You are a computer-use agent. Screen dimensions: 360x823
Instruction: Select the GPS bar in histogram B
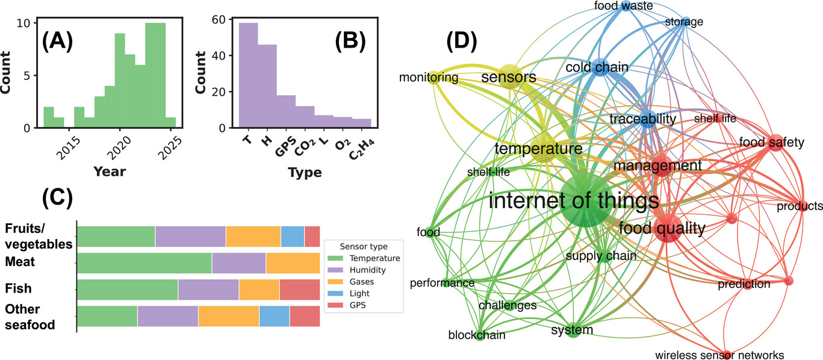(x=286, y=111)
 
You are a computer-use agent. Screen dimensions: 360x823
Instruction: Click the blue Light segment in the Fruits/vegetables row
(x=293, y=236)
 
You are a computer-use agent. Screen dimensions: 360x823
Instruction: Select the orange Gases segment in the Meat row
(x=293, y=263)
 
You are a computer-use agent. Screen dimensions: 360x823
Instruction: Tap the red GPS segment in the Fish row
(x=299, y=290)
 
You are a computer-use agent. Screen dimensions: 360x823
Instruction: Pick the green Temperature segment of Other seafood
(x=107, y=316)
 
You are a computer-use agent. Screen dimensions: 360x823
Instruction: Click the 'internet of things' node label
(x=574, y=200)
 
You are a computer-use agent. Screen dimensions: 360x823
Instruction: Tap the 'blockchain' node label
(x=477, y=335)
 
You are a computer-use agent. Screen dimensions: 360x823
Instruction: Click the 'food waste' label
(x=620, y=6)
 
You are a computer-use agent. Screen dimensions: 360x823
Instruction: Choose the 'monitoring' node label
(x=429, y=78)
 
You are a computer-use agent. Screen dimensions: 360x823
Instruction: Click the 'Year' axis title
(x=109, y=172)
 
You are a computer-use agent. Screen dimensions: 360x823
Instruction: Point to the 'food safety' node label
(x=772, y=143)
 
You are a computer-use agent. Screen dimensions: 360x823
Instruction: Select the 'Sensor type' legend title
(x=364, y=246)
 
